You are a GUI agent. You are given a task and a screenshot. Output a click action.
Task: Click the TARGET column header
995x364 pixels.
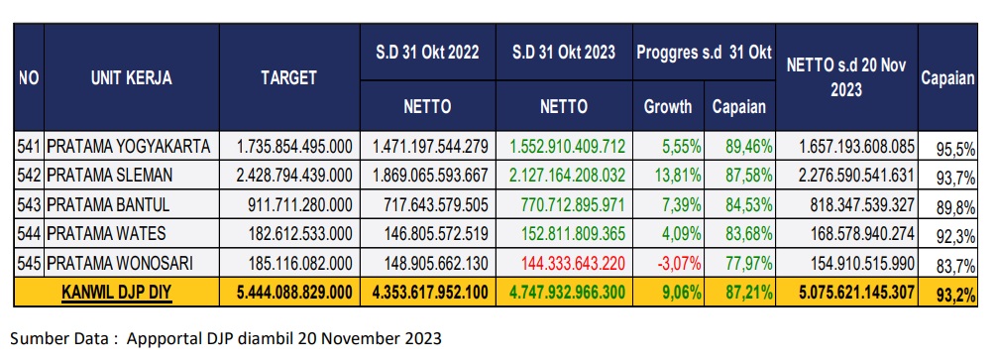[288, 77]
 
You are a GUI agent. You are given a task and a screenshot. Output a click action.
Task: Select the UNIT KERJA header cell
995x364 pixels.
[132, 77]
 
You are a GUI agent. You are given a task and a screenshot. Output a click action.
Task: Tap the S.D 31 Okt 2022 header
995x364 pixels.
[428, 53]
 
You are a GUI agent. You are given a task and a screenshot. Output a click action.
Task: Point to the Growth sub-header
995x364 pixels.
[668, 106]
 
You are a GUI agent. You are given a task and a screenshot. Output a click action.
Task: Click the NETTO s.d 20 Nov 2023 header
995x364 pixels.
[846, 77]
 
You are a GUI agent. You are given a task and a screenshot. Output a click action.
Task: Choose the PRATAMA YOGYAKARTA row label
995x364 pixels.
[129, 147]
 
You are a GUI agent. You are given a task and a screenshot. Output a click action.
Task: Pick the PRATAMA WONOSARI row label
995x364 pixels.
[120, 263]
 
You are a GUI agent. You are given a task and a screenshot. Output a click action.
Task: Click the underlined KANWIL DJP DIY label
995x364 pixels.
[117, 293]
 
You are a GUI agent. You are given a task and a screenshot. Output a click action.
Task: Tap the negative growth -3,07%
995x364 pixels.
[679, 263]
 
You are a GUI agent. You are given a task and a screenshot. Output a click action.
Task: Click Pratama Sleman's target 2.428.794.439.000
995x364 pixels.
[294, 176]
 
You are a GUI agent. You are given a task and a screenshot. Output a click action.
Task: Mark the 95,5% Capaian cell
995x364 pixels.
[955, 150]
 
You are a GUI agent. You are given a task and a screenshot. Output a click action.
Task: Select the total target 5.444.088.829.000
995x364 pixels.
[294, 293]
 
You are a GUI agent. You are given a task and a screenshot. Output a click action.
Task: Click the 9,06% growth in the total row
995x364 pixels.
[682, 293]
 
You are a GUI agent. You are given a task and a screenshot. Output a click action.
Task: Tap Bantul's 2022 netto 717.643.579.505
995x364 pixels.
[435, 204]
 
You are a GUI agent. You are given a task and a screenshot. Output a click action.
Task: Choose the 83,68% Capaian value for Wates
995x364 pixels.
[749, 234]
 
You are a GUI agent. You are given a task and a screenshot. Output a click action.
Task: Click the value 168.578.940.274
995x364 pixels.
[862, 234]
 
